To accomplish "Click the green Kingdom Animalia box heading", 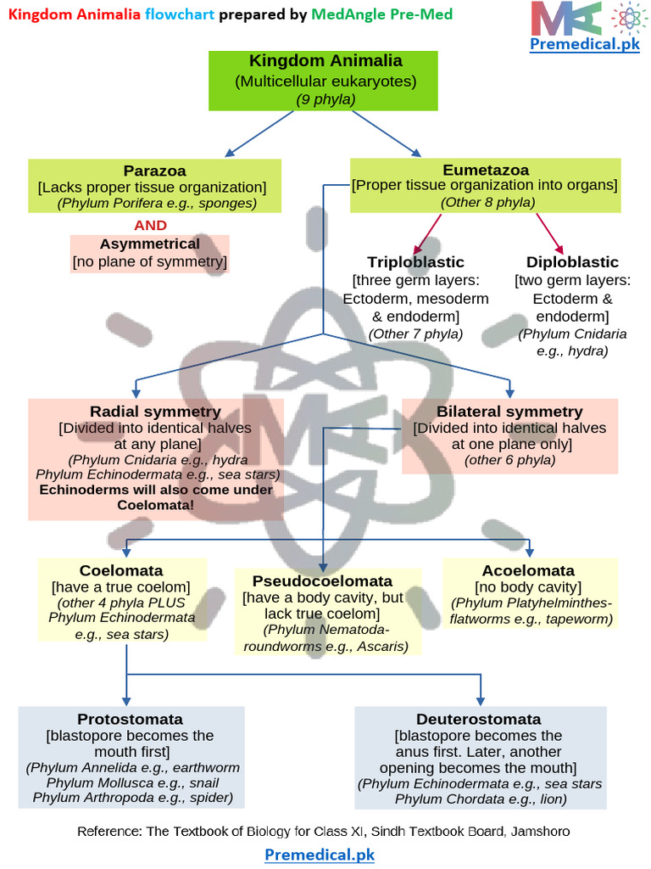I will pos(325,61).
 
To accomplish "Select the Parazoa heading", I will pos(154,171).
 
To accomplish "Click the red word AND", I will pos(151,226).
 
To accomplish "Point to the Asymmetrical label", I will pos(150,244).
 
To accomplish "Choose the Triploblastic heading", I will pos(415,262).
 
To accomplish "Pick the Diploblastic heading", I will pos(572,262).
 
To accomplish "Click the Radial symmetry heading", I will pos(155,412).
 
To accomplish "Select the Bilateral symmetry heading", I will pos(509,412).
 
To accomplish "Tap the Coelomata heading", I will pos(121,570).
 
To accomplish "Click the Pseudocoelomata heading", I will pos(322,581).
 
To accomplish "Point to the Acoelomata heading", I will pos(528,570).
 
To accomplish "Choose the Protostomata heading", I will pos(131,719).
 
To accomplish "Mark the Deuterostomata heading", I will pos(478,719).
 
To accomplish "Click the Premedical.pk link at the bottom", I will pos(320,855).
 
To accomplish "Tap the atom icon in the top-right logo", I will pos(625,18).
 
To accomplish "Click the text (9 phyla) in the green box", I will pos(325,99).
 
